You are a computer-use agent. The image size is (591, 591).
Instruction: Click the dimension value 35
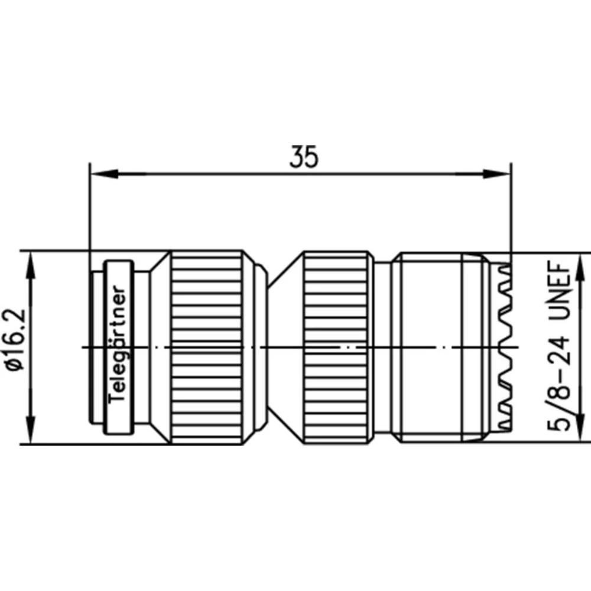pos(304,157)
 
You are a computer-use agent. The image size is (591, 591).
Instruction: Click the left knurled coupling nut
pos(207,348)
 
